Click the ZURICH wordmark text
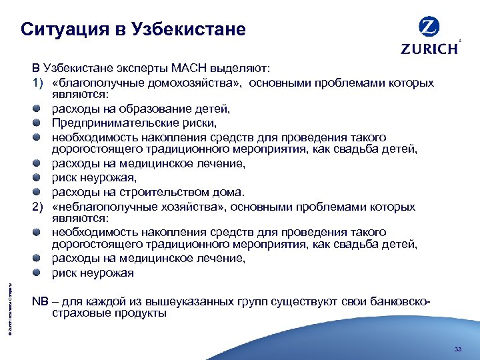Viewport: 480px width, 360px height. tap(429, 48)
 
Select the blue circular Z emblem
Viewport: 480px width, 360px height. tap(429, 27)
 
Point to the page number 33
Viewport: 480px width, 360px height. tap(457, 349)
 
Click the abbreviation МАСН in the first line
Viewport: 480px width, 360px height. tap(190, 69)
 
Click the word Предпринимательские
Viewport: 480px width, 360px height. tap(107, 123)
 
